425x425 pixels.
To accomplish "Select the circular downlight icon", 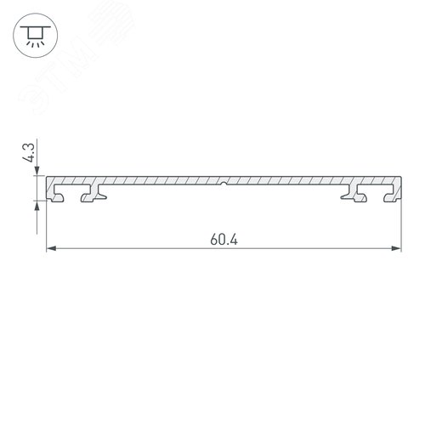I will click(x=35, y=35).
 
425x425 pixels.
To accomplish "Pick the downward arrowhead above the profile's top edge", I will click(x=37, y=176).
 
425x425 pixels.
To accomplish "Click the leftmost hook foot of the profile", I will click(x=60, y=198).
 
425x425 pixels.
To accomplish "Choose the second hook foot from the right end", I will click(x=349, y=198).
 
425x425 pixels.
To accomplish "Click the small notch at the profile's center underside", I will click(x=224, y=184).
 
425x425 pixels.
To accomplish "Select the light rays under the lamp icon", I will click(x=35, y=43).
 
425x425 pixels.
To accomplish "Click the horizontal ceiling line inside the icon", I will click(x=35, y=27).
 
